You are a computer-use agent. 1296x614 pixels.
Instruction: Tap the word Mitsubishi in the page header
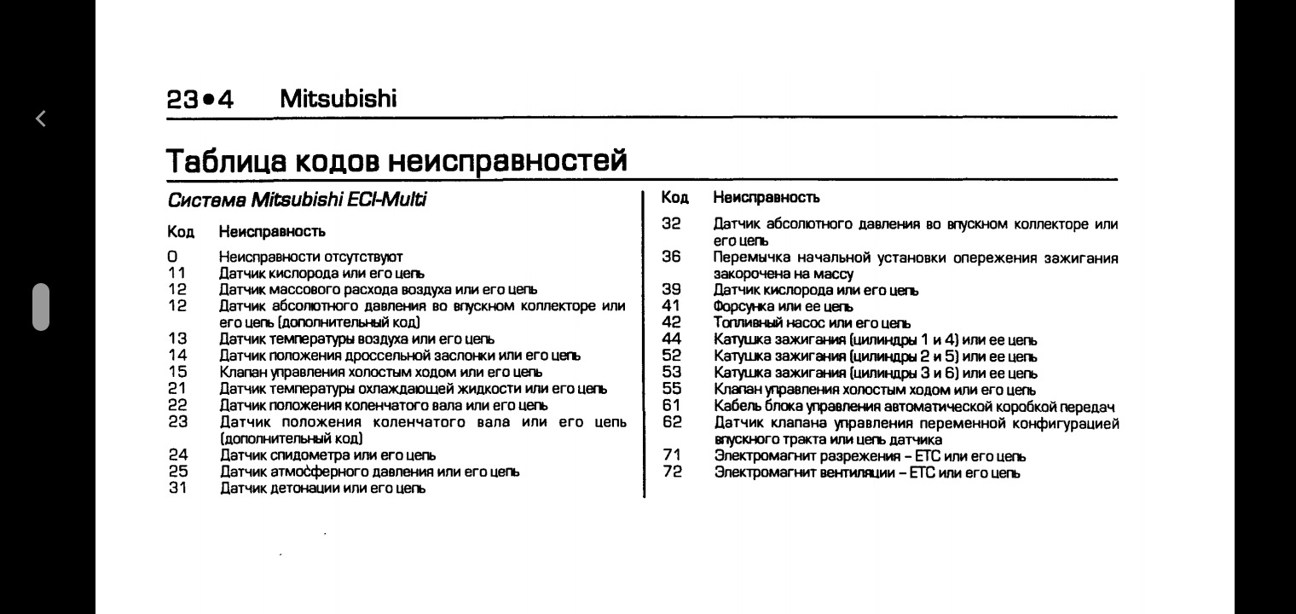pos(338,100)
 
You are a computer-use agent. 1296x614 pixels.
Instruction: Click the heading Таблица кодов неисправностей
pos(396,159)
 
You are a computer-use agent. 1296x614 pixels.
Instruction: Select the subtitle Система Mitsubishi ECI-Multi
pos(296,201)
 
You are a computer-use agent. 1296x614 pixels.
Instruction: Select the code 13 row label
pos(176,339)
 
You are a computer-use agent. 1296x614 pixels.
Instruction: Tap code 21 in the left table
pos(176,389)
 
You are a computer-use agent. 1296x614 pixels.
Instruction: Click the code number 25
pos(176,471)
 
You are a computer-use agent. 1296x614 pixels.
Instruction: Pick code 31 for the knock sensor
pos(176,488)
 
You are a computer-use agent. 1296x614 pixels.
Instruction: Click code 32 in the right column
pos(672,224)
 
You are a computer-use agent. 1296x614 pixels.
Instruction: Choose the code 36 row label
pos(672,258)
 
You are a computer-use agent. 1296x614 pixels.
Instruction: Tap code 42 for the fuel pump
pos(672,323)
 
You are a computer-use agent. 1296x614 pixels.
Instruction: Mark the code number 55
pos(672,389)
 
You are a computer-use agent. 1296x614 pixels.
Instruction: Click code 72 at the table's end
pos(672,472)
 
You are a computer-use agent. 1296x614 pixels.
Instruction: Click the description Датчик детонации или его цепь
pos(324,488)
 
